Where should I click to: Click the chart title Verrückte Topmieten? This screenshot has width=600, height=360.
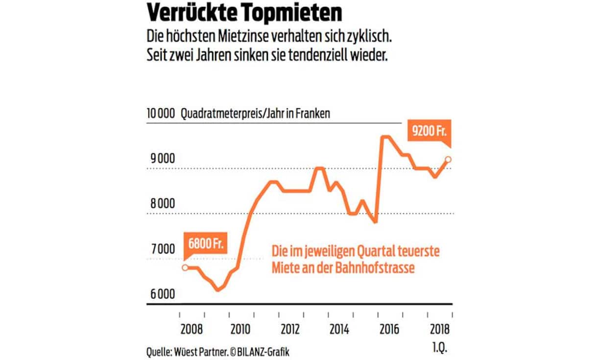pyautogui.click(x=244, y=14)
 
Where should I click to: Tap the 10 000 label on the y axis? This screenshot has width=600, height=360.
pyautogui.click(x=160, y=114)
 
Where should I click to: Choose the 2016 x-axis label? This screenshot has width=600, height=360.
pyautogui.click(x=390, y=328)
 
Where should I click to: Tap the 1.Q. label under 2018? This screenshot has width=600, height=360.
pyautogui.click(x=439, y=350)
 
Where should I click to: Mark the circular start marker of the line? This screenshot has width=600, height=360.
pyautogui.click(x=185, y=267)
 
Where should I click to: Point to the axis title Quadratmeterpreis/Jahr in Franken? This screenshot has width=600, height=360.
pyautogui.click(x=255, y=114)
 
